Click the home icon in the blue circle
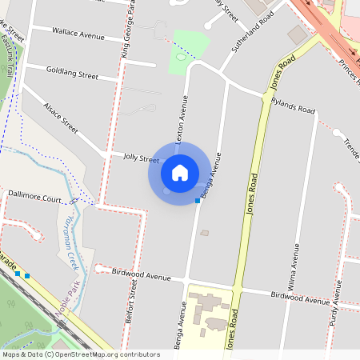179,172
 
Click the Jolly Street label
141,158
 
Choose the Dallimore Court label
34,194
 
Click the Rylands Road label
293,104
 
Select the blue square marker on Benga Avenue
197,201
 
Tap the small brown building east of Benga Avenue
204,233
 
